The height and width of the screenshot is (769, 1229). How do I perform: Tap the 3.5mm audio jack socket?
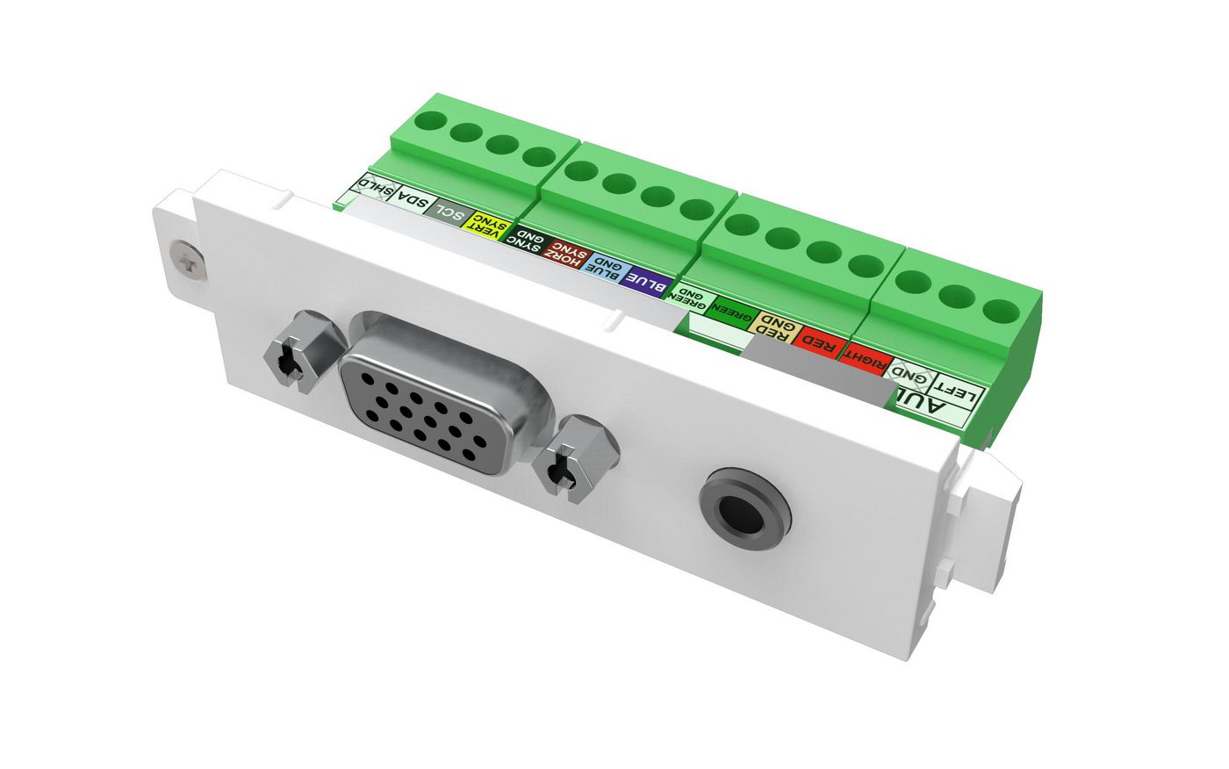[744, 507]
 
